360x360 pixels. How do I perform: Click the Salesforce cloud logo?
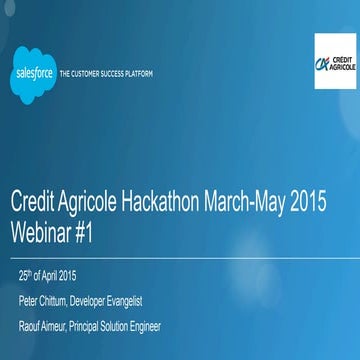point(33,72)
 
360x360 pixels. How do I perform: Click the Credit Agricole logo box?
point(336,62)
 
